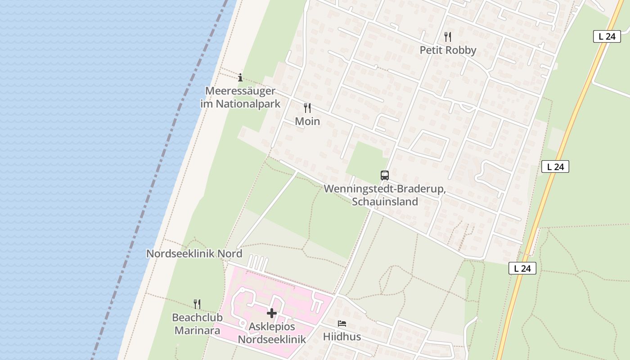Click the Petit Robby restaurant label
(x=448, y=50)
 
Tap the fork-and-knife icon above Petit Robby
(x=447, y=36)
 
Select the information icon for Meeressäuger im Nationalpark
(x=240, y=77)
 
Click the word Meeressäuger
(x=240, y=91)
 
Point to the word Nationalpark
(x=248, y=103)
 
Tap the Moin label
(x=307, y=121)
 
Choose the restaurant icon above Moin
(x=307, y=108)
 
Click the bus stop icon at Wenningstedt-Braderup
(x=384, y=175)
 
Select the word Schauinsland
(x=385, y=202)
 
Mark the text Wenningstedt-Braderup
(x=385, y=189)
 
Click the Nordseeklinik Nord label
(x=194, y=254)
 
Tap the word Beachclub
(x=197, y=318)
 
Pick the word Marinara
(x=197, y=331)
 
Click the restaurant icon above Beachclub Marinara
(x=197, y=304)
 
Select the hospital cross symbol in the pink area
(x=272, y=313)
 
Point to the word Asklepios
(x=272, y=326)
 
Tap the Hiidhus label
(x=342, y=337)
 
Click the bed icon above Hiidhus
(x=342, y=324)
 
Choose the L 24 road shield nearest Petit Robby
(x=607, y=36)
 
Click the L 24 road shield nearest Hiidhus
(x=522, y=269)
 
